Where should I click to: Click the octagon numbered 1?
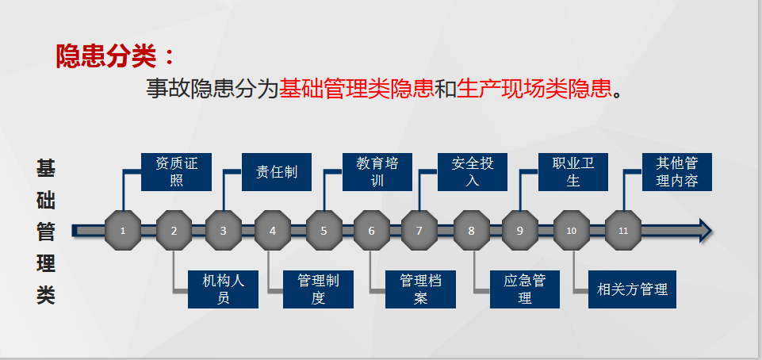pyautogui.click(x=123, y=231)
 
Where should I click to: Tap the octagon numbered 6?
pyautogui.click(x=372, y=231)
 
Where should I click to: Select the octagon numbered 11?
pyautogui.click(x=623, y=231)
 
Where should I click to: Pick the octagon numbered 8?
pyautogui.click(x=471, y=231)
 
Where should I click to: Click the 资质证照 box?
pyautogui.click(x=176, y=172)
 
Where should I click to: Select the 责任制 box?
pyautogui.click(x=277, y=172)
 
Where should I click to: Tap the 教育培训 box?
pyautogui.click(x=377, y=172)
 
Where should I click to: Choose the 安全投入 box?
pyautogui.click(x=473, y=172)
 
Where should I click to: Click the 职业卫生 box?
pyautogui.click(x=573, y=172)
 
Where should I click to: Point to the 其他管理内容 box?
pyautogui.click(x=677, y=172)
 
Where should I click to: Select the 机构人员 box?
pyautogui.click(x=223, y=289)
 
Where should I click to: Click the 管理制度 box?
pyautogui.click(x=318, y=289)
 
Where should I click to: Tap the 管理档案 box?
pyautogui.click(x=420, y=289)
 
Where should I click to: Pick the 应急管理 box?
pyautogui.click(x=525, y=289)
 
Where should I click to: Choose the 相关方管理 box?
pyautogui.click(x=632, y=289)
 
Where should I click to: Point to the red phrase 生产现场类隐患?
pyautogui.click(x=534, y=89)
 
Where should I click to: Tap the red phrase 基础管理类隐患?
pyautogui.click(x=356, y=89)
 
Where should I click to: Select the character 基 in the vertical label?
pyautogui.click(x=46, y=168)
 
